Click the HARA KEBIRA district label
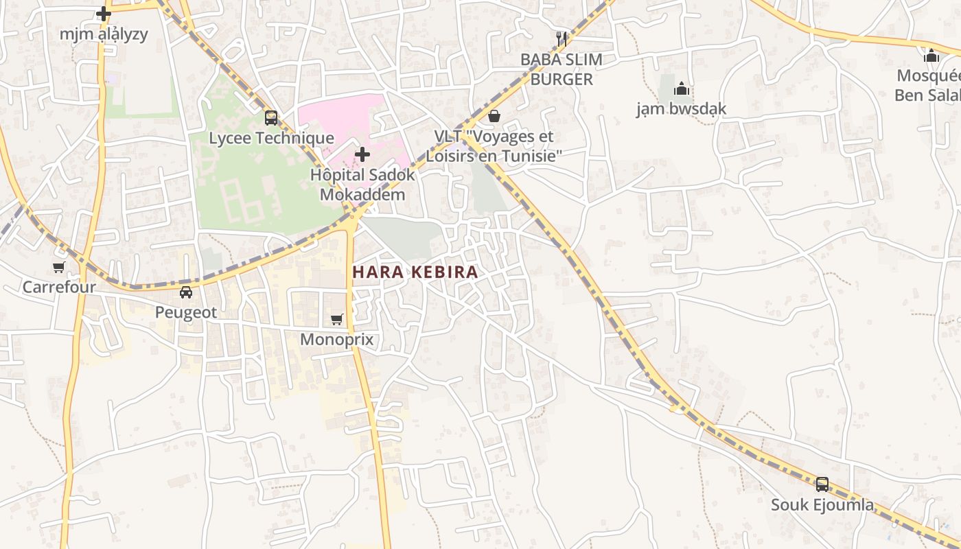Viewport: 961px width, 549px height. [x=415, y=272]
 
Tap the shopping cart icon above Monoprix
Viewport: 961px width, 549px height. [x=336, y=319]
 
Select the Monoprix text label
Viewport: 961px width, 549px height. [x=336, y=339]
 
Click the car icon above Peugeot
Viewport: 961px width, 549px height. [x=185, y=292]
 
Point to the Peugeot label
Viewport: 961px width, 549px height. [x=185, y=312]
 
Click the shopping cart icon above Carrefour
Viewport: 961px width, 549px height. [x=59, y=267]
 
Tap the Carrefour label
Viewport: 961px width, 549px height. [x=59, y=287]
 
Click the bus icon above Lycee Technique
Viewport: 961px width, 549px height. [x=271, y=118]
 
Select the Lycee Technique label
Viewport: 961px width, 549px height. [x=271, y=138]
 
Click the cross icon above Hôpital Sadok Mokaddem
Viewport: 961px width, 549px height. [x=362, y=154]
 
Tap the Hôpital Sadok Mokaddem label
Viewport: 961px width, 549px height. [x=362, y=184]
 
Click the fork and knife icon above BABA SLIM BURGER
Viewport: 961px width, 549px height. [x=561, y=39]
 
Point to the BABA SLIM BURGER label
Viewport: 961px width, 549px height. [x=561, y=69]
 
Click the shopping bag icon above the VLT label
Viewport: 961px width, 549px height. [x=494, y=117]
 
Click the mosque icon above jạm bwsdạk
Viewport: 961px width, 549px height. [x=681, y=89]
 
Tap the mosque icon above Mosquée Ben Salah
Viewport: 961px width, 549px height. [x=931, y=56]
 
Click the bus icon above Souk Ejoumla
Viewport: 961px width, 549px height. [x=822, y=485]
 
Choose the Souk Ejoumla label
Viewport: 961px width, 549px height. [x=822, y=505]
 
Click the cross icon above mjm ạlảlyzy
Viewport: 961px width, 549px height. [x=104, y=14]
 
